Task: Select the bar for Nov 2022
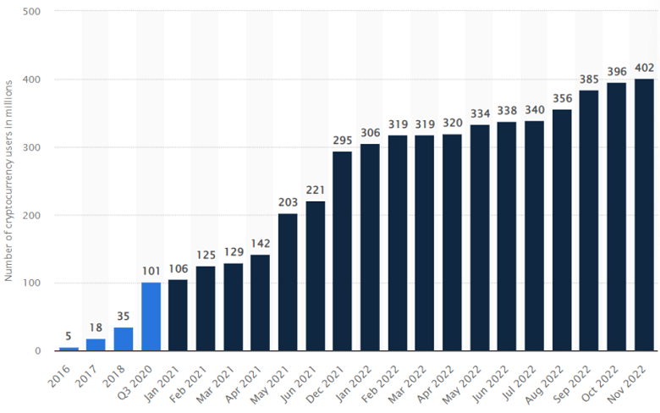pos(644,215)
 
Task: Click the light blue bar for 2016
pos(69,349)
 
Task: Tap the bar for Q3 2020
pos(151,317)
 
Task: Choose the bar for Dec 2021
pos(343,251)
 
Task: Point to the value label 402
pos(644,69)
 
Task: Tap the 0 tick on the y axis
pos(41,350)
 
